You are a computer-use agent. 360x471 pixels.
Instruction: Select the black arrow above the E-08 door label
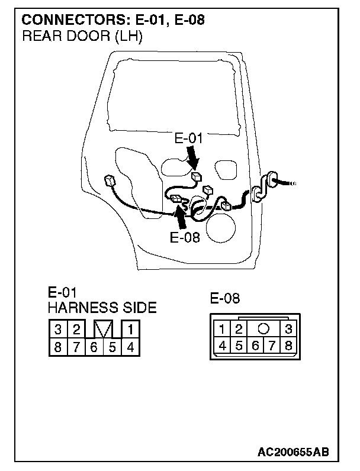182,217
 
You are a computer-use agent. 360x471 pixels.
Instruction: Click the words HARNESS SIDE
102,308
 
